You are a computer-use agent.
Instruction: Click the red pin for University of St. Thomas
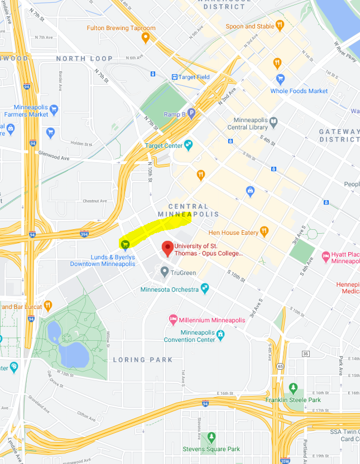pyautogui.click(x=167, y=248)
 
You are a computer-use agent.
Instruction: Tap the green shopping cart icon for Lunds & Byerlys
pyautogui.click(x=125, y=244)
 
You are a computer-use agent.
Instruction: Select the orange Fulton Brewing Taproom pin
pyautogui.click(x=146, y=37)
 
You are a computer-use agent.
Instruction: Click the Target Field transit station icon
pyautogui.click(x=175, y=77)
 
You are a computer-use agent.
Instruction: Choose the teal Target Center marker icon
pyautogui.click(x=188, y=145)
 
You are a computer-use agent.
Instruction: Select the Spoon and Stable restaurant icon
pyautogui.click(x=280, y=26)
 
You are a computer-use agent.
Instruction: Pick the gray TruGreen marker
pyautogui.click(x=164, y=272)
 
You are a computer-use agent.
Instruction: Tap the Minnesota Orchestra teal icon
pyautogui.click(x=205, y=288)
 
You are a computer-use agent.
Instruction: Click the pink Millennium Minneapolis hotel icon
pyautogui.click(x=173, y=320)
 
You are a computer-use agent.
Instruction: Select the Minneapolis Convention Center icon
pyautogui.click(x=220, y=335)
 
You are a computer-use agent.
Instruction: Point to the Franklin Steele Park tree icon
pyautogui.click(x=293, y=388)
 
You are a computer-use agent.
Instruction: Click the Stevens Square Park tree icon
pyautogui.click(x=211, y=437)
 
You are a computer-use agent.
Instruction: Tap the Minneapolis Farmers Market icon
pyautogui.click(x=54, y=109)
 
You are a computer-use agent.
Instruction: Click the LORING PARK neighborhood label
pyautogui.click(x=143, y=360)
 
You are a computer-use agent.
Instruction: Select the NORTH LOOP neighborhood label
pyautogui.click(x=84, y=59)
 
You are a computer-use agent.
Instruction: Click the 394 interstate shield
pyautogui.click(x=84, y=234)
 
